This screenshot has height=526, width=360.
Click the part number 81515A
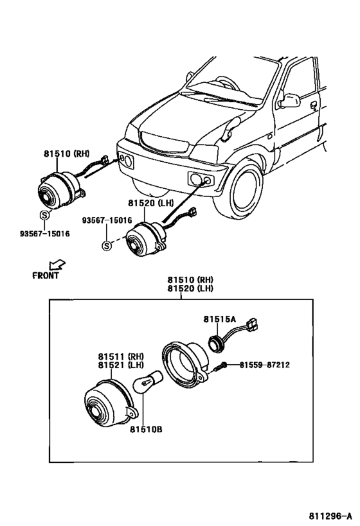(219, 319)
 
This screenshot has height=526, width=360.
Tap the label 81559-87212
(264, 365)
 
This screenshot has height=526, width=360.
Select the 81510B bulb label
(146, 430)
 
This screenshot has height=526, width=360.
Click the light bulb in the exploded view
(148, 381)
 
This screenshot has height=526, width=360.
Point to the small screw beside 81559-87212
(220, 367)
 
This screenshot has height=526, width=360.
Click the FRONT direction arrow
(57, 265)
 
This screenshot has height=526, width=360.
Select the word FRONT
(46, 276)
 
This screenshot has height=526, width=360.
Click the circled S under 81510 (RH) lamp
(44, 215)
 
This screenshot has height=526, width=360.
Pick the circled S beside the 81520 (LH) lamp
(106, 246)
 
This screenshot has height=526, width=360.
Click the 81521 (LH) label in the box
(121, 365)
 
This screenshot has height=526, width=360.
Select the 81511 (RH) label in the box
(121, 356)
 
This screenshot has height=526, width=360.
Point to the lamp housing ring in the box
(184, 364)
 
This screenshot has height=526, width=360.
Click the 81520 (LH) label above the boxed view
(190, 288)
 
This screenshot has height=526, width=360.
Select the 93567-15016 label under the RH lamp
(44, 234)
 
